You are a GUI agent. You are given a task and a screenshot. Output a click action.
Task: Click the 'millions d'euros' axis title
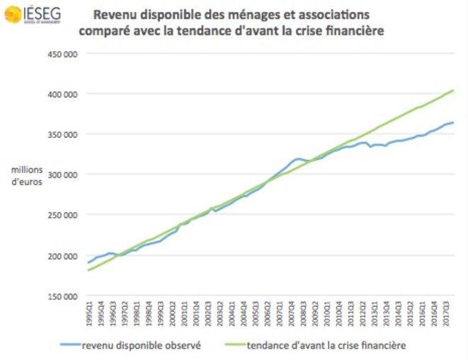coord(26,175)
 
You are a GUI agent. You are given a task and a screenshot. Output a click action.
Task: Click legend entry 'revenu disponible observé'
coord(135,346)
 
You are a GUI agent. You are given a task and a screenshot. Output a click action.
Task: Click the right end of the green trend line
coord(453,90)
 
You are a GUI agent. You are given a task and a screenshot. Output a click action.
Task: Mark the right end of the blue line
coord(453,122)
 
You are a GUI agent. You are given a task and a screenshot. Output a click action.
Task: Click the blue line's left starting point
coord(88,262)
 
